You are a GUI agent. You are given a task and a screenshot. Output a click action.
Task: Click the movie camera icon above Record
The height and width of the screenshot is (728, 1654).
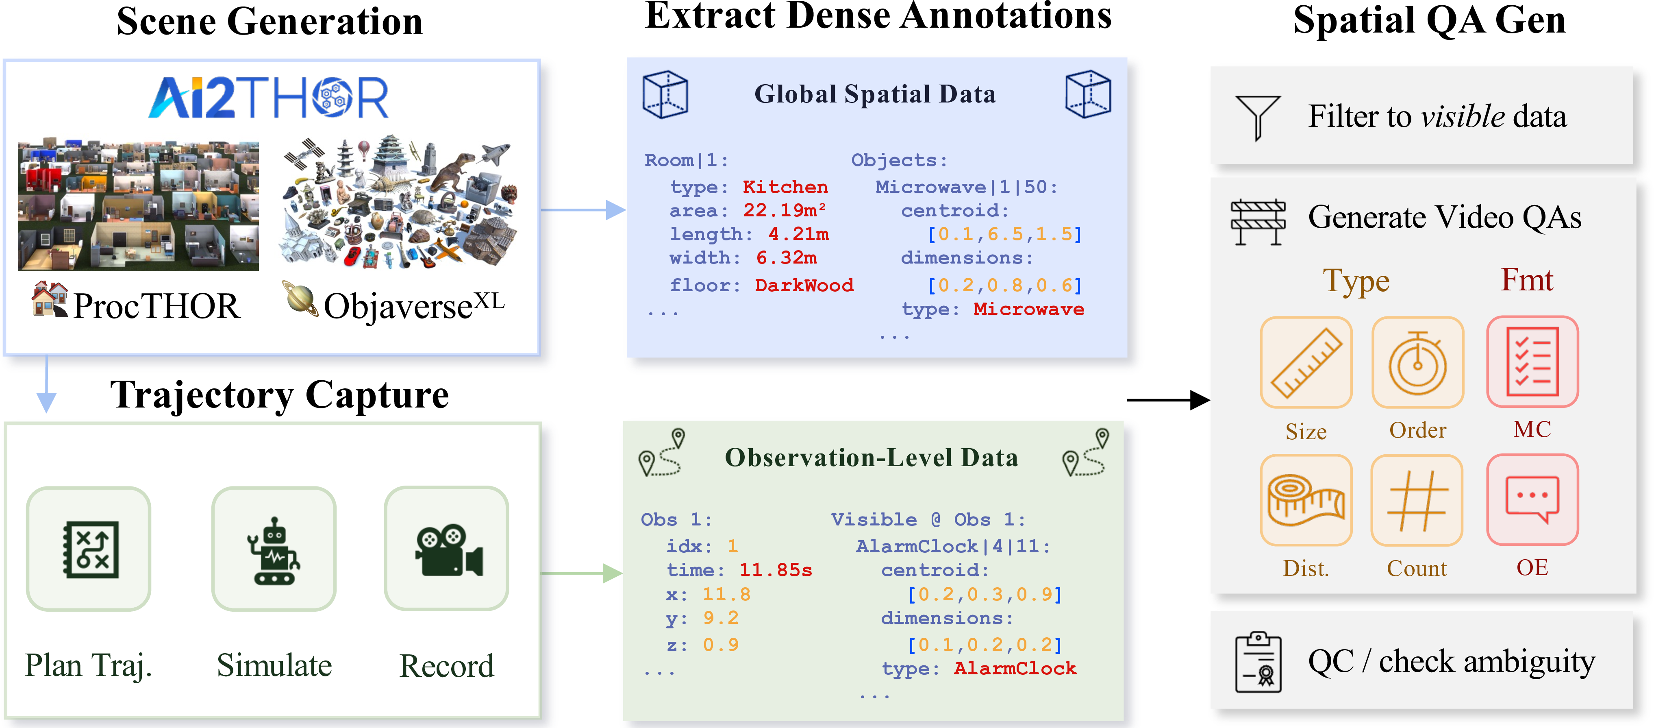[x=448, y=550]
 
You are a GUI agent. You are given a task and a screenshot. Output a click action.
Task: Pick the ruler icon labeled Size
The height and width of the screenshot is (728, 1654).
[x=1306, y=363]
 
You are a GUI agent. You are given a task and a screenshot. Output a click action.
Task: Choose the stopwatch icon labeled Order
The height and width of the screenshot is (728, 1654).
[x=1418, y=363]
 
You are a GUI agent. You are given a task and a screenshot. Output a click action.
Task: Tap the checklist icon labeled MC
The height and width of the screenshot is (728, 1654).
[x=1532, y=362]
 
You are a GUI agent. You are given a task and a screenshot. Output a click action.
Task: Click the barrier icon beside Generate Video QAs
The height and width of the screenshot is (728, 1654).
[x=1258, y=222]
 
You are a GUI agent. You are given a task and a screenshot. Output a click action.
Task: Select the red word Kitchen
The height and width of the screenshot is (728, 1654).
[x=785, y=187]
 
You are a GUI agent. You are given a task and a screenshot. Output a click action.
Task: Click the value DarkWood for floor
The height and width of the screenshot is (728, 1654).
[x=804, y=285]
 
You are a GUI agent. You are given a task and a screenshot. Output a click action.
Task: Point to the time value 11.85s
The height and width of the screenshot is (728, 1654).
[x=776, y=570]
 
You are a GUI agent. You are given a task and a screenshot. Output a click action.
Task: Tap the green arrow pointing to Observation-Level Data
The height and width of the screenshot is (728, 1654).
[x=581, y=573]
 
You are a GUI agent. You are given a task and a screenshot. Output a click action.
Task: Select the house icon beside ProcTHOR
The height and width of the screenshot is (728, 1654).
[x=50, y=299]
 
